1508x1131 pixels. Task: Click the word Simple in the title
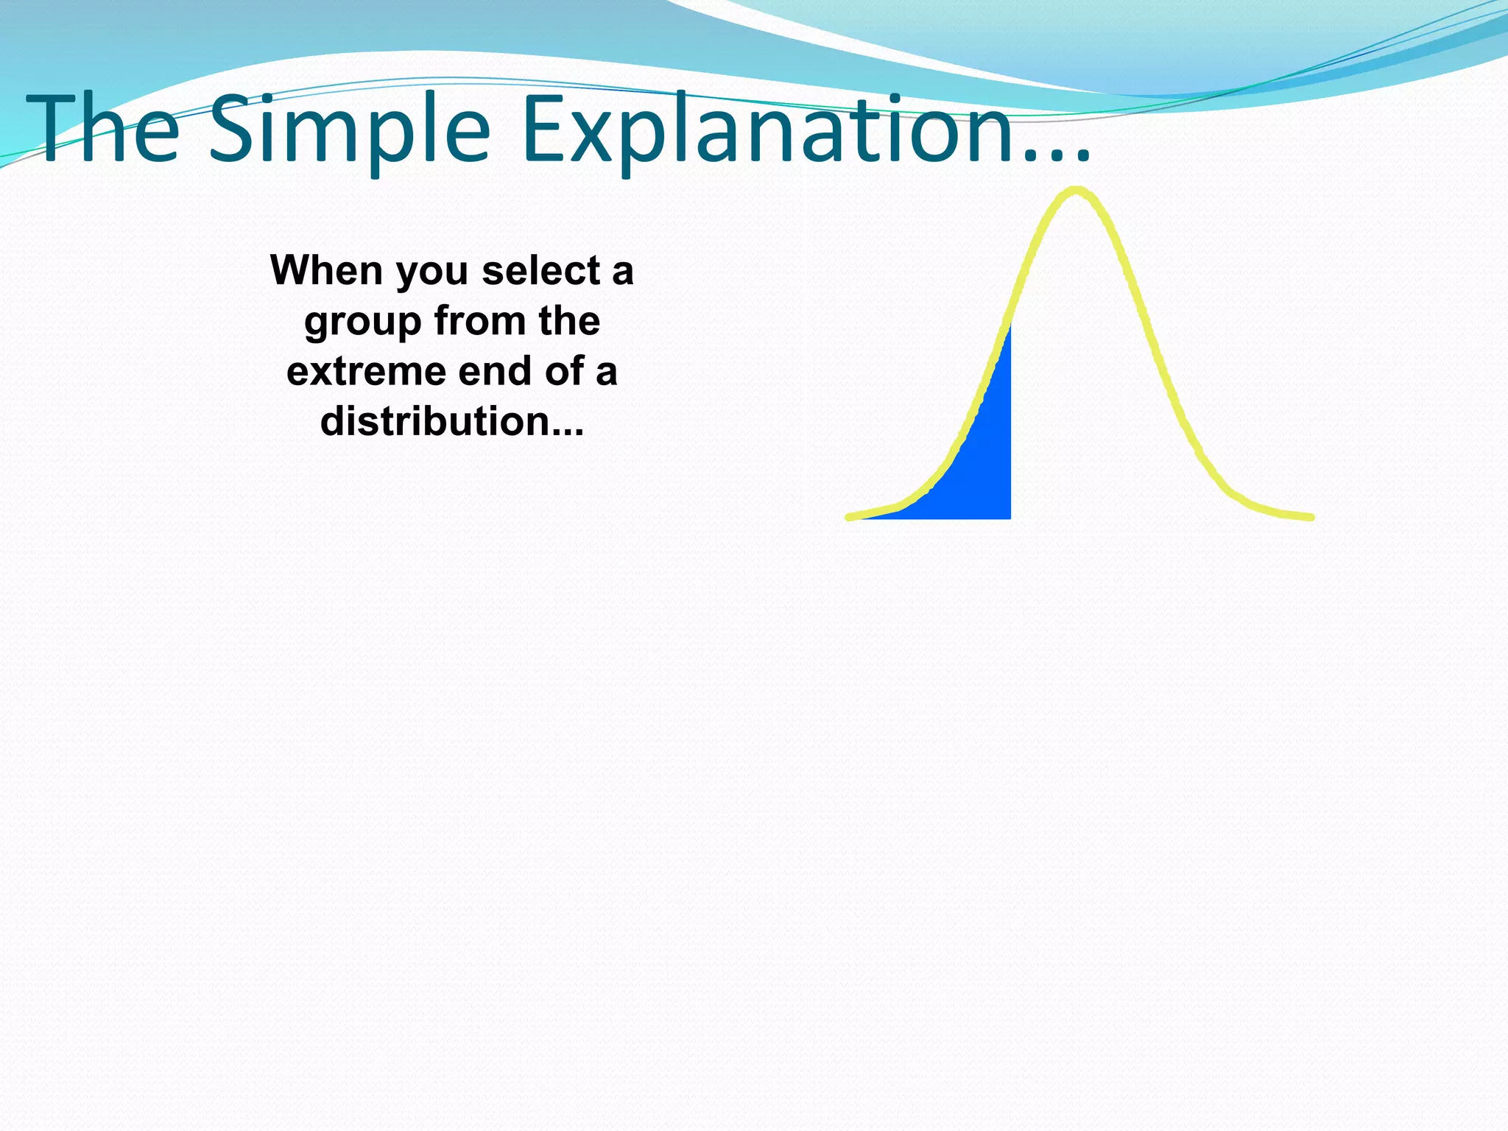click(x=350, y=131)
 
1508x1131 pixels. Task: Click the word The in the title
click(x=103, y=131)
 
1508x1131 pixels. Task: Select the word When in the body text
click(x=326, y=270)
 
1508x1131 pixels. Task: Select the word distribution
click(x=434, y=421)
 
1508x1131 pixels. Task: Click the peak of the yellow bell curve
click(x=1076, y=191)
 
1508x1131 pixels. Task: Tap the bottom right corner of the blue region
click(x=1009, y=517)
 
